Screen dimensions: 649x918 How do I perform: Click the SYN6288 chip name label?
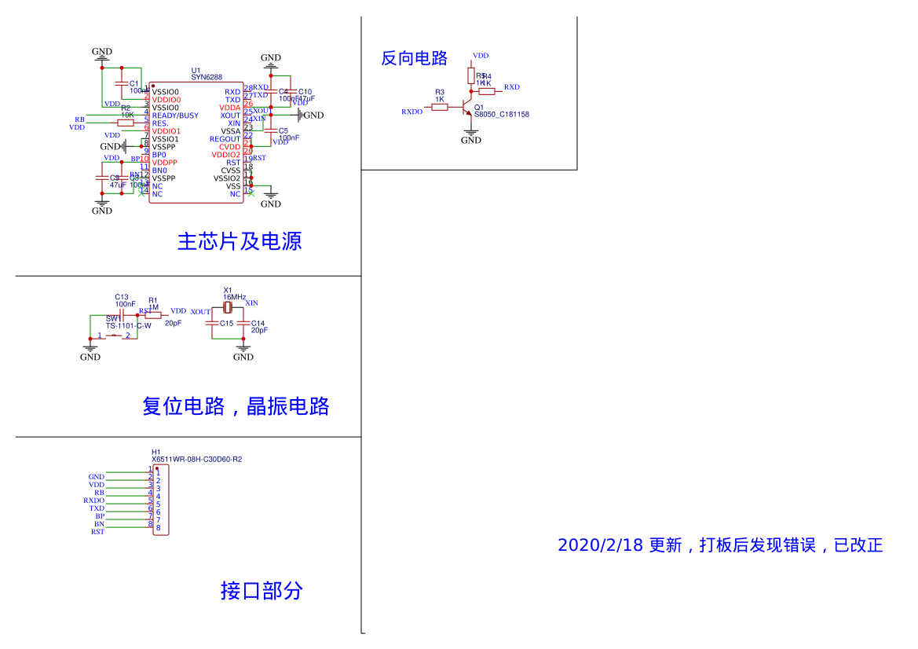pyautogui.click(x=207, y=78)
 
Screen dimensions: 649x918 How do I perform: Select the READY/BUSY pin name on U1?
pyautogui.click(x=175, y=115)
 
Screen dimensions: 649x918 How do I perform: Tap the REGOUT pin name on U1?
pyautogui.click(x=225, y=139)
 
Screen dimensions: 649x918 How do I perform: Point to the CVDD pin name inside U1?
pyautogui.click(x=229, y=147)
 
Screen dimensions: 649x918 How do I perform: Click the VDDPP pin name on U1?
pyautogui.click(x=165, y=163)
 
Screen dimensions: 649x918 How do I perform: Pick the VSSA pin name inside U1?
pyautogui.click(x=230, y=131)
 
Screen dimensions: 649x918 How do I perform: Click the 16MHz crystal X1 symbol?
pyautogui.click(x=228, y=307)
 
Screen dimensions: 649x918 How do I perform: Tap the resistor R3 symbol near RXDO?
pyautogui.click(x=440, y=107)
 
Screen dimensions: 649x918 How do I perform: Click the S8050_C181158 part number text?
pyautogui.click(x=501, y=115)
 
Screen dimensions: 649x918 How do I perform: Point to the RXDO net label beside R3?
pyautogui.click(x=411, y=112)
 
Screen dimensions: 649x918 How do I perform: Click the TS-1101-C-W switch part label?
pyautogui.click(x=129, y=325)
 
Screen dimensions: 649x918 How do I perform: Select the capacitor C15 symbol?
pyautogui.click(x=212, y=323)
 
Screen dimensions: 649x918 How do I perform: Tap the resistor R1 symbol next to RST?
pyautogui.click(x=153, y=315)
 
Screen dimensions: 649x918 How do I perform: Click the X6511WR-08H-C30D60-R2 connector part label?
pyautogui.click(x=196, y=460)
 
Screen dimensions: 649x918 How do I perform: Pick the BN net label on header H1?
pyautogui.click(x=99, y=524)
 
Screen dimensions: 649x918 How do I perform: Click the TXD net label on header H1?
pyautogui.click(x=97, y=508)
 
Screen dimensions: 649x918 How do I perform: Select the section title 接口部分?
pyautogui.click(x=262, y=591)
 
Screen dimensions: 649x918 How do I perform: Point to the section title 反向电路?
pyautogui.click(x=414, y=58)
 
